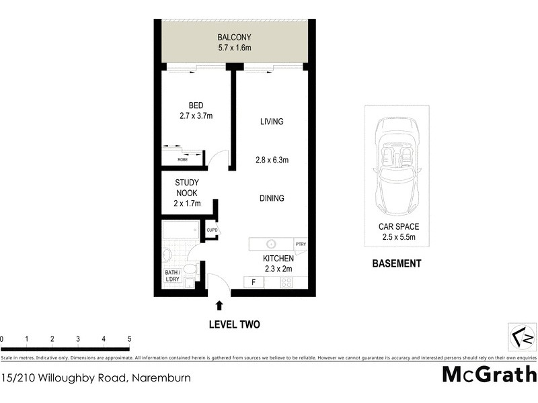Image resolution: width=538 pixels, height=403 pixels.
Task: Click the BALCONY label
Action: (233, 38)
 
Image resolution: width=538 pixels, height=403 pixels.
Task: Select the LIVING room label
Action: (272, 122)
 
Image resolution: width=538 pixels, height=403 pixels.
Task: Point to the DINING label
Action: (272, 198)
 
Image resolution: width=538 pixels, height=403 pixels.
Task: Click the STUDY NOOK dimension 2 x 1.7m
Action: (186, 203)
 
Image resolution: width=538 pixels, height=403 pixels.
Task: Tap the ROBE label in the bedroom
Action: (182, 160)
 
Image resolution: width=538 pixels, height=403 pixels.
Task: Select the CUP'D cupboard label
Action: (212, 230)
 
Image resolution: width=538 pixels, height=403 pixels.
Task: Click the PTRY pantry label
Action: (301, 244)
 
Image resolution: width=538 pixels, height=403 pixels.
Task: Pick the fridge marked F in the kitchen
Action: (254, 282)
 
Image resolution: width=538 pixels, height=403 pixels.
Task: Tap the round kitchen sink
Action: (272, 244)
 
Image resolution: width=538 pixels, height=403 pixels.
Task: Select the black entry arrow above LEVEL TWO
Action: (219, 306)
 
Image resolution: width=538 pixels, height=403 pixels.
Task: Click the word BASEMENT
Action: (396, 263)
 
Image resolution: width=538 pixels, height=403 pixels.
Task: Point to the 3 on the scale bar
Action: (78, 339)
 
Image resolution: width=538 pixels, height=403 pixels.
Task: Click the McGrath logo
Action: (489, 374)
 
